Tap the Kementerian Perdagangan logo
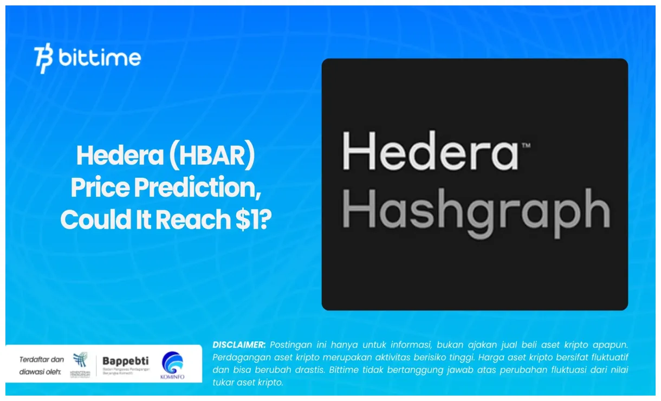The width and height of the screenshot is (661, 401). [80, 364]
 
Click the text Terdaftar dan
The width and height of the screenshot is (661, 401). [41, 359]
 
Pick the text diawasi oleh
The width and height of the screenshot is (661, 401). [40, 372]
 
